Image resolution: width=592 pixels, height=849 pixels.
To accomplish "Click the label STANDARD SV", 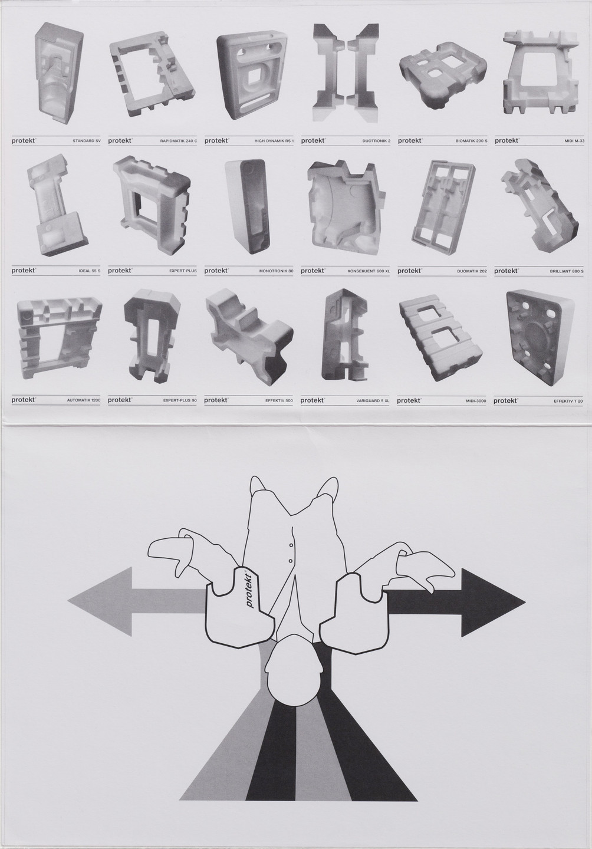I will [x=86, y=141].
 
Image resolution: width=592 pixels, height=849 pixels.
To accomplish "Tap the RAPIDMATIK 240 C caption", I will [x=178, y=141].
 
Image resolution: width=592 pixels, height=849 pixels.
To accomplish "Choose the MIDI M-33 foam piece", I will [x=539, y=71].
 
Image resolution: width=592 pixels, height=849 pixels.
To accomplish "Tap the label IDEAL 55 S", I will [x=89, y=271].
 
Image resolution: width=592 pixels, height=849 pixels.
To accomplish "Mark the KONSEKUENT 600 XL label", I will [x=369, y=271].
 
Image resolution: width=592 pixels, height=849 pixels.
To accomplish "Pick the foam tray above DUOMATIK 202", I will [x=444, y=206].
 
